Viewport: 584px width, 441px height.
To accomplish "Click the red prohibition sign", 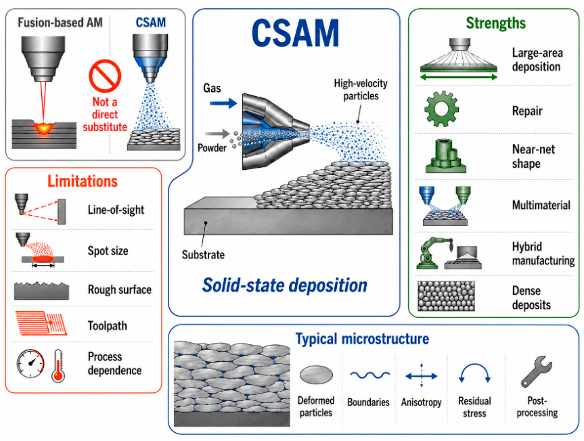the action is (105, 76).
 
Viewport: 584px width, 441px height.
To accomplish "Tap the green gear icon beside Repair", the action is (441, 109).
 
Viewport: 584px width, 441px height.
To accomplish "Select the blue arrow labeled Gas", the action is (223, 103).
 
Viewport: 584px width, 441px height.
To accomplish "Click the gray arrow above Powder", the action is (217, 133).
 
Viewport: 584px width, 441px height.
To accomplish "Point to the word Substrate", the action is (204, 254).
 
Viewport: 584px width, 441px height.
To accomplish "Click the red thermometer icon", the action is (58, 365).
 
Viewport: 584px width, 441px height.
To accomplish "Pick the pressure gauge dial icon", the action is (30, 364).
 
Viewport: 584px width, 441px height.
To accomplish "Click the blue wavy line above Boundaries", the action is (370, 375).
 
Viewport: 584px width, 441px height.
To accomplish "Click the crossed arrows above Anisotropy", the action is (421, 376).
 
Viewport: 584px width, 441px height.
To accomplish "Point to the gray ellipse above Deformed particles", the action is (316, 375).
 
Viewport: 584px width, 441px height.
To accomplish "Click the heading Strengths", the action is (496, 23).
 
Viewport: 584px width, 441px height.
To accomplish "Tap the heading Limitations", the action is (83, 181).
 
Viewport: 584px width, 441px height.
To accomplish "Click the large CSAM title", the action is (295, 33).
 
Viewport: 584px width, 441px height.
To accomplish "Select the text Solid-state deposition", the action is (284, 285).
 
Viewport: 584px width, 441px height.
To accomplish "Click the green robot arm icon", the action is (434, 253).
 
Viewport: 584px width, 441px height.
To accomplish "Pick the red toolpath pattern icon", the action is (41, 323).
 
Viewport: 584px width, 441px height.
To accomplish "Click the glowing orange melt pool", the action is (44, 129).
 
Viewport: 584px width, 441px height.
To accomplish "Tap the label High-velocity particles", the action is (361, 90).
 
